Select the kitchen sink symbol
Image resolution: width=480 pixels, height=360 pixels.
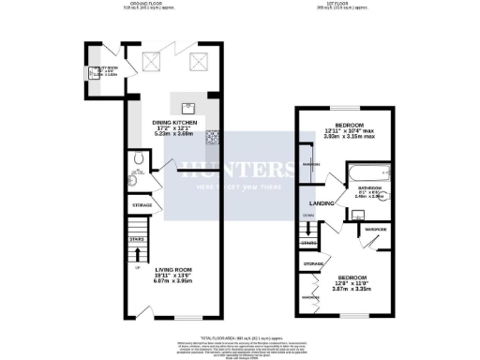click(188, 107)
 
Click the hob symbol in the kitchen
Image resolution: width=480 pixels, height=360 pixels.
click(213, 138)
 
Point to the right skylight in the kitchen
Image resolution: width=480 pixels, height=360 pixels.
click(199, 62)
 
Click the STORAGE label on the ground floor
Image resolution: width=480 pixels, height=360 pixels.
click(142, 204)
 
